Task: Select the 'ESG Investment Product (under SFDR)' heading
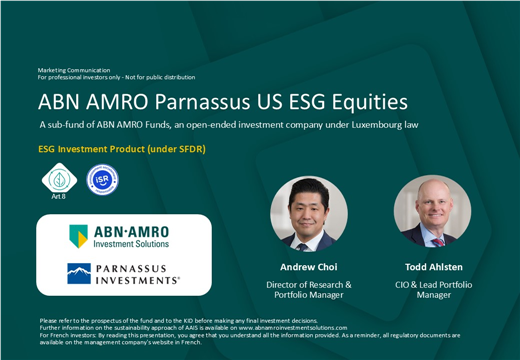(x=122, y=149)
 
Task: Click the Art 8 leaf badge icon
(x=59, y=179)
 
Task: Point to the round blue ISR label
(x=102, y=180)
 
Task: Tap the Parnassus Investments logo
(x=123, y=275)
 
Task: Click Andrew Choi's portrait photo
(x=308, y=213)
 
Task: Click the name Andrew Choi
(x=308, y=267)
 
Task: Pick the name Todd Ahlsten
(x=433, y=267)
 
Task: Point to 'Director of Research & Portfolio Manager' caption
(x=308, y=290)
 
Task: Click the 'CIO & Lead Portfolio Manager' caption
(x=433, y=290)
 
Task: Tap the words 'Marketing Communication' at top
(x=74, y=70)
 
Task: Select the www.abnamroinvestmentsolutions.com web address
(x=292, y=327)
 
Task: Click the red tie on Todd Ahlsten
(x=437, y=240)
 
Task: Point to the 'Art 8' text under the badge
(x=59, y=197)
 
